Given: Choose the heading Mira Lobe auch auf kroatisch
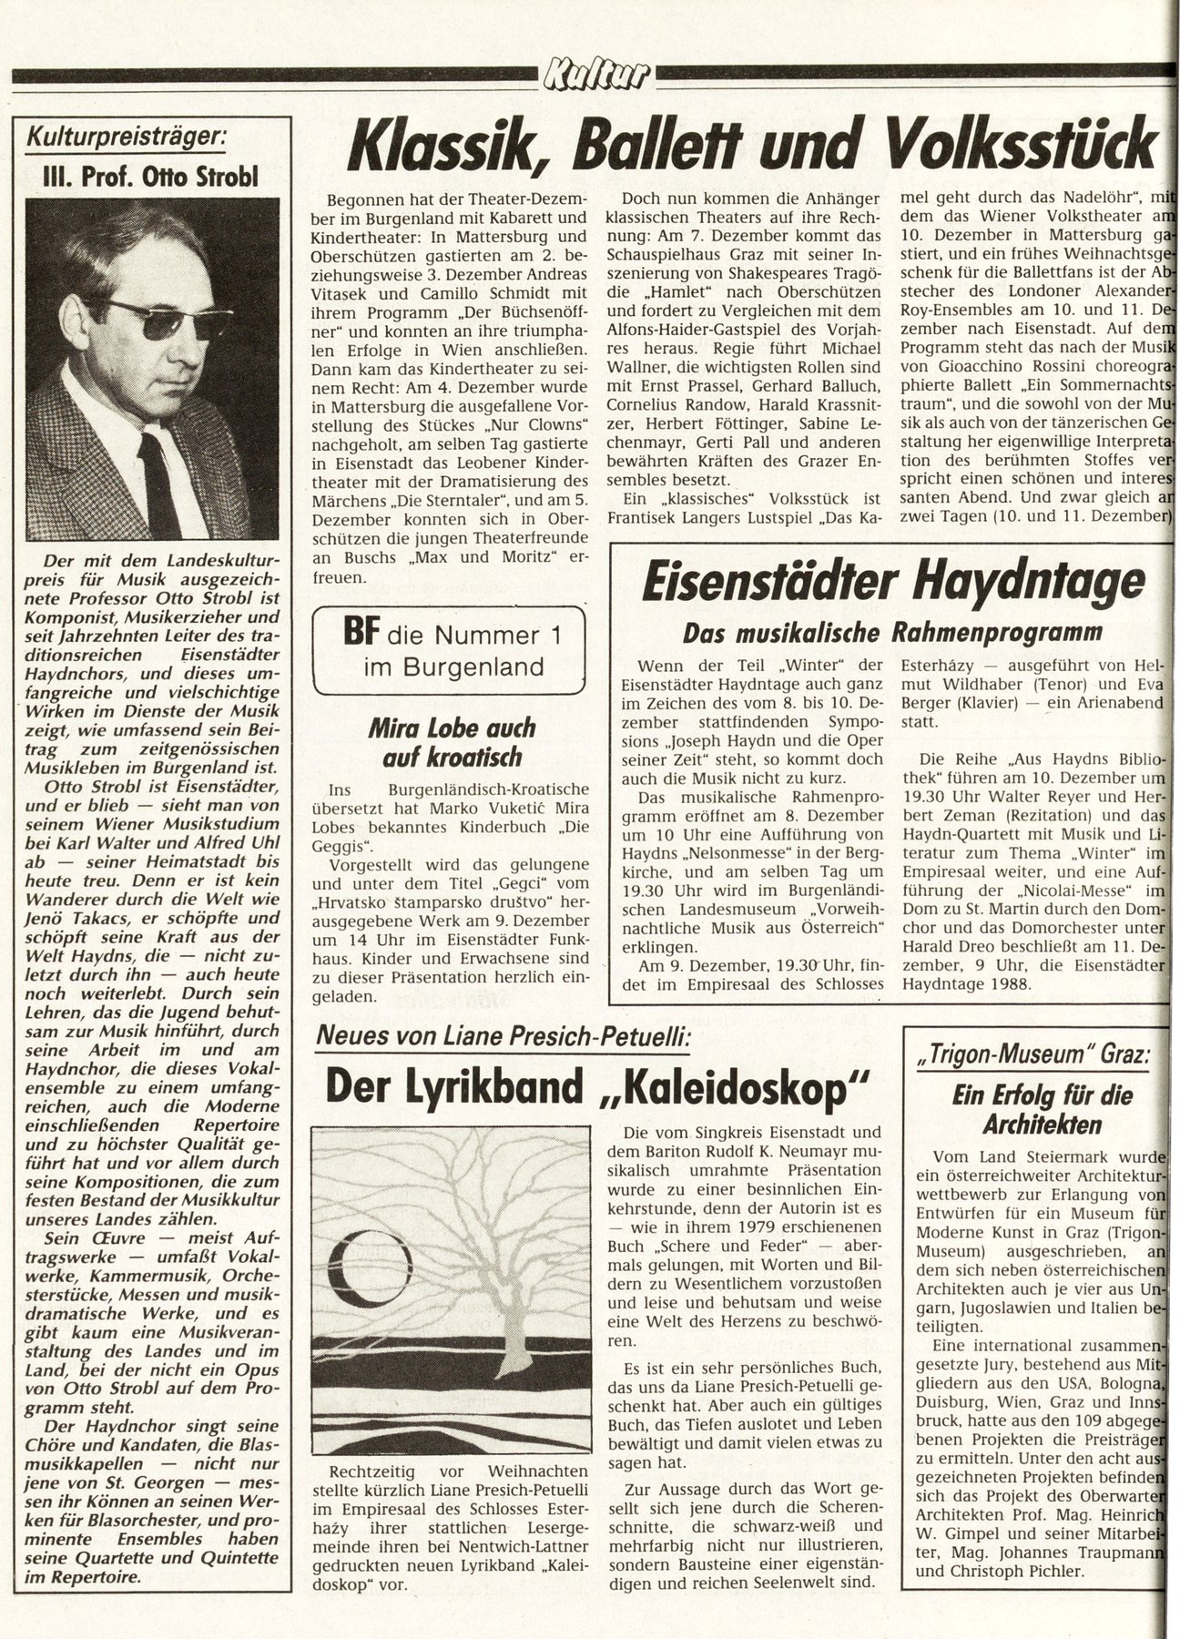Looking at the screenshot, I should click(452, 741).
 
